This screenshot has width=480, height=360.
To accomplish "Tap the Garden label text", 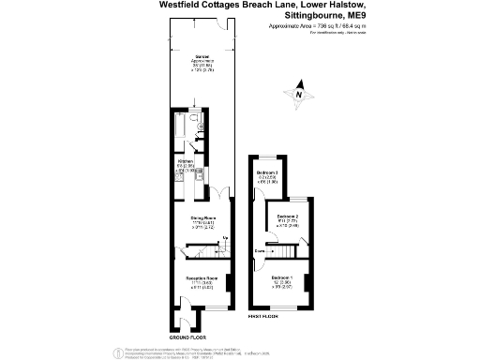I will [x=201, y=57].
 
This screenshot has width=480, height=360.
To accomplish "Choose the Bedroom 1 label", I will [x=281, y=278].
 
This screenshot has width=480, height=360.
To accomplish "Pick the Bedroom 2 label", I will [x=288, y=217].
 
